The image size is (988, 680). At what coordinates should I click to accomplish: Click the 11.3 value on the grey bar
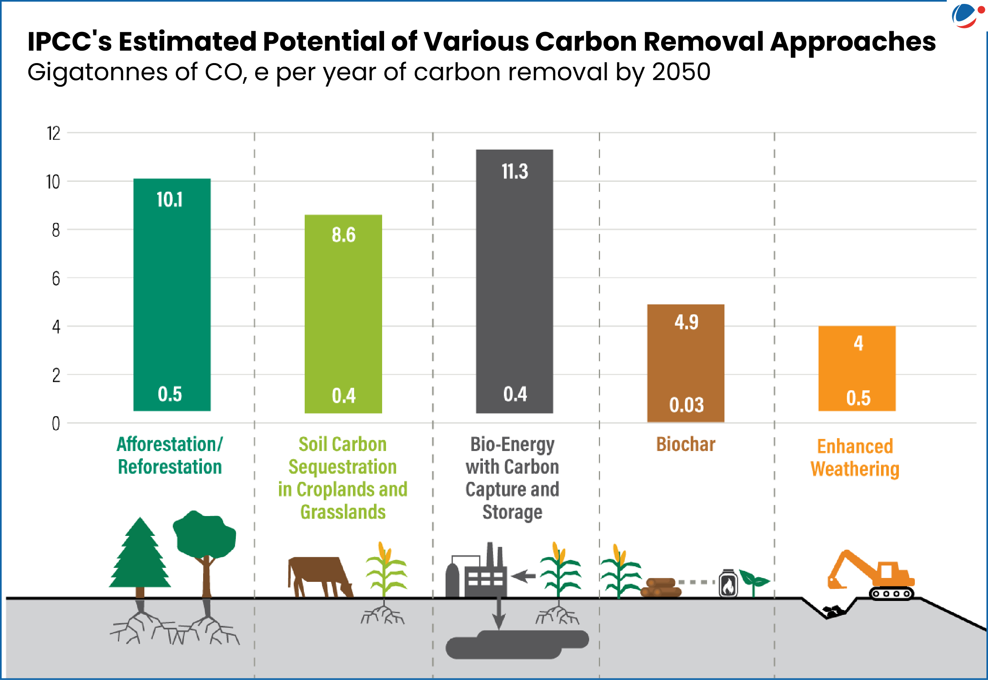tap(515, 172)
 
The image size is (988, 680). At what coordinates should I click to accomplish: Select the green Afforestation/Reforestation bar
tap(172, 294)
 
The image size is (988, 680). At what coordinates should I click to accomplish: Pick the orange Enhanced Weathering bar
tap(857, 369)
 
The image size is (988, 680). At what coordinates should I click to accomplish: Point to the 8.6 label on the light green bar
tap(344, 235)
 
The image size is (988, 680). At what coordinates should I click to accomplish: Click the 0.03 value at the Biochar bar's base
tap(686, 405)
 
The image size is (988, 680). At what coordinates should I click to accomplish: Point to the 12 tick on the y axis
tap(54, 133)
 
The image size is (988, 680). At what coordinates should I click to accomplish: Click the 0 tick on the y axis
tap(56, 423)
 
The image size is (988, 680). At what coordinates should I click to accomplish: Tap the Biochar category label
tap(685, 444)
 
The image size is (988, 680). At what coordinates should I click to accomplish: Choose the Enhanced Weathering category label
tap(855, 458)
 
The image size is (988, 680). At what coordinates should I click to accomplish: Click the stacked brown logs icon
tap(661, 587)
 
